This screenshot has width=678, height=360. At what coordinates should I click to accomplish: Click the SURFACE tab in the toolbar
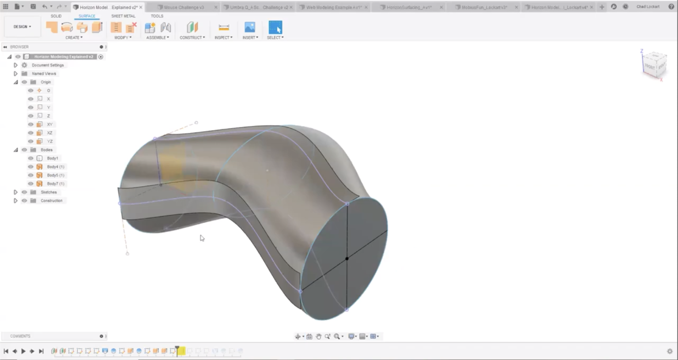click(x=87, y=16)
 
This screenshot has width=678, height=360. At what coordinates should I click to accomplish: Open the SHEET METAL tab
click(x=123, y=16)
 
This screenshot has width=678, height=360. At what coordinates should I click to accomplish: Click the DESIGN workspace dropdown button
click(x=22, y=26)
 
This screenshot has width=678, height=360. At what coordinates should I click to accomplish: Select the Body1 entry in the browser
click(x=53, y=158)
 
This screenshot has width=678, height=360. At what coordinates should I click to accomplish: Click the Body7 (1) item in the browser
click(x=56, y=184)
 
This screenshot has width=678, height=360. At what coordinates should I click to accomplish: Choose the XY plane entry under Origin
click(x=49, y=124)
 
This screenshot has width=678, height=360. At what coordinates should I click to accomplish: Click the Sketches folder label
click(x=49, y=192)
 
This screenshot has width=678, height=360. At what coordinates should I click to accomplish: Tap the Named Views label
click(x=44, y=74)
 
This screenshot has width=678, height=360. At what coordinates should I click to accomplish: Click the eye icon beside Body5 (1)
click(x=30, y=175)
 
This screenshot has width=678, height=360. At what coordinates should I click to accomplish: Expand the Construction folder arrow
click(x=15, y=201)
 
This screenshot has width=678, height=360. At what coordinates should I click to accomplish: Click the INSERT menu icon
click(x=249, y=27)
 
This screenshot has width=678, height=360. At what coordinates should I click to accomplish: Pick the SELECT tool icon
click(x=275, y=27)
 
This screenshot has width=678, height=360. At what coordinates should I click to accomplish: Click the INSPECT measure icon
click(x=224, y=27)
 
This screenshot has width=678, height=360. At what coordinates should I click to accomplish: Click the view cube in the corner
click(x=654, y=64)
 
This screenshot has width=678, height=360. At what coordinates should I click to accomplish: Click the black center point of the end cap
click(x=347, y=259)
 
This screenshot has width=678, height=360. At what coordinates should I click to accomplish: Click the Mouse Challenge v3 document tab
click(x=184, y=7)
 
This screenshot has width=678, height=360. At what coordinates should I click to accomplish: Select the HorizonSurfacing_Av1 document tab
click(x=409, y=7)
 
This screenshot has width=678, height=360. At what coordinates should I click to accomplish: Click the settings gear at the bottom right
click(x=670, y=351)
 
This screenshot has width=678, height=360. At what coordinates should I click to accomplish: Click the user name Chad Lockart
click(x=648, y=7)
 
